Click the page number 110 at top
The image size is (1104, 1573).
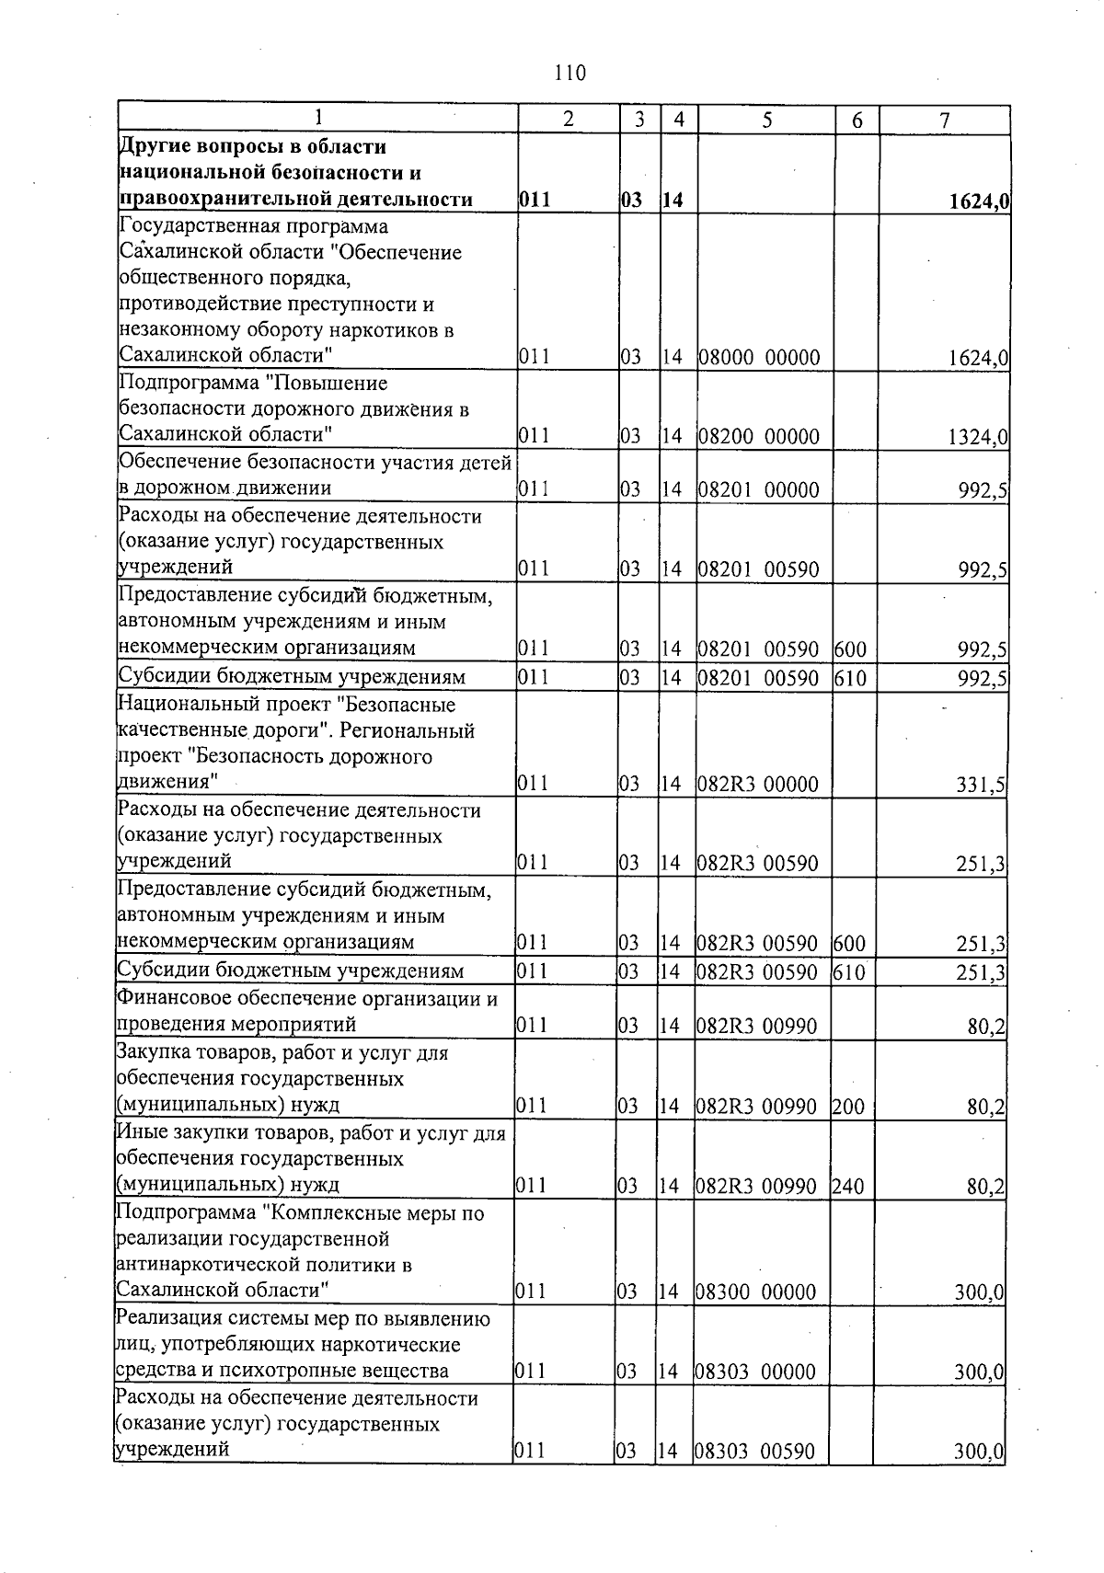pyautogui.click(x=570, y=73)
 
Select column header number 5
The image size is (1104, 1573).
pyautogui.click(x=765, y=120)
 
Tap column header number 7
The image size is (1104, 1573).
pyautogui.click(x=944, y=120)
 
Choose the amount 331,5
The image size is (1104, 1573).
pyautogui.click(x=981, y=785)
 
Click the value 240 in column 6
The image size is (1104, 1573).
pyautogui.click(x=848, y=1187)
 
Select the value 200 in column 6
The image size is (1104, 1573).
pyautogui.click(x=848, y=1107)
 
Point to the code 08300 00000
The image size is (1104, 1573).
pyautogui.click(x=756, y=1292)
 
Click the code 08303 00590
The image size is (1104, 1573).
pyautogui.click(x=755, y=1452)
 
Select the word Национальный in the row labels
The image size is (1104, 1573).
pyautogui.click(x=178, y=706)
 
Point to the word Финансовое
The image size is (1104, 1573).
pyautogui.click(x=172, y=998)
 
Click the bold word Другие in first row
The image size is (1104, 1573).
pyautogui.click(x=152, y=147)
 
